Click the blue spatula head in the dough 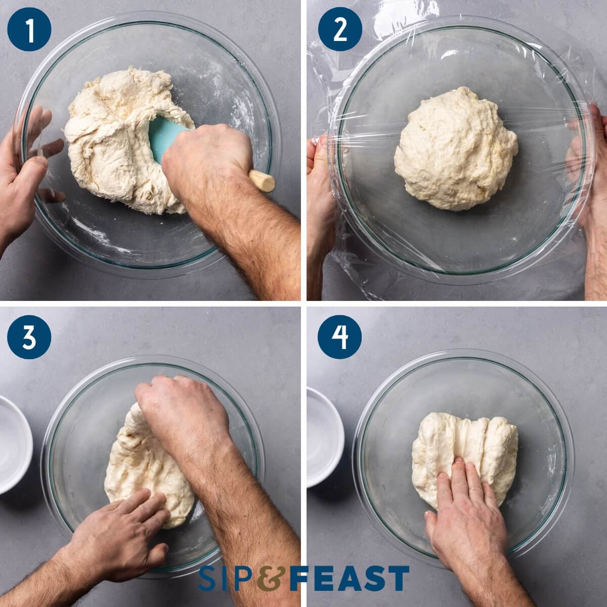167,139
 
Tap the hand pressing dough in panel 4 465,516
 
